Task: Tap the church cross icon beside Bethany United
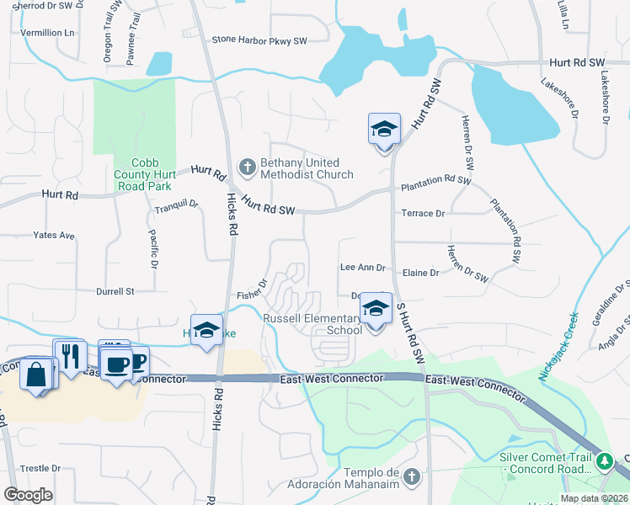[248, 167]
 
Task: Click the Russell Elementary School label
[312, 324]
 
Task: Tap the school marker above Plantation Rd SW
[384, 130]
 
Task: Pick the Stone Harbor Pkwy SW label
[259, 40]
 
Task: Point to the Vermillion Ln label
[47, 32]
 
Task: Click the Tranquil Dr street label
[175, 204]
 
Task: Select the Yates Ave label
[54, 236]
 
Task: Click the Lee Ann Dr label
[362, 268]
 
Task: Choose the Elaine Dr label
[421, 273]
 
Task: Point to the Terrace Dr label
[423, 214]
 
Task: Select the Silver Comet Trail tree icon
[604, 461]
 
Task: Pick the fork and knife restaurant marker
[70, 355]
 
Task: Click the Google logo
[29, 494]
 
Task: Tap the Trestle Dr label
[41, 468]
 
